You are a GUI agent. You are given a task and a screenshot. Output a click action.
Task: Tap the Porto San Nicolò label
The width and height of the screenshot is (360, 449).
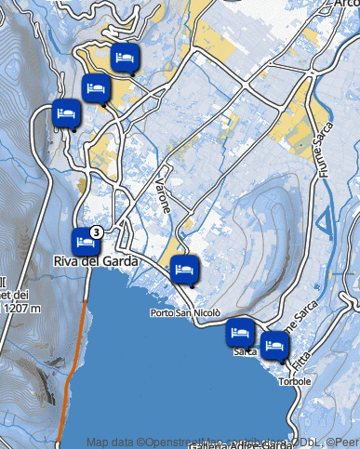tap(185, 313)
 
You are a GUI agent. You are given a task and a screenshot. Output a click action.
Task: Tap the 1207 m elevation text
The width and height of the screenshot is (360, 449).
tap(20, 308)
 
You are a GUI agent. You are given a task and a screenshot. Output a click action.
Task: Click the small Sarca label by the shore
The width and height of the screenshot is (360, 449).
tap(245, 352)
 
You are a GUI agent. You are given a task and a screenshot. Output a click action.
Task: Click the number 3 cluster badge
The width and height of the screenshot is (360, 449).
tap(96, 231)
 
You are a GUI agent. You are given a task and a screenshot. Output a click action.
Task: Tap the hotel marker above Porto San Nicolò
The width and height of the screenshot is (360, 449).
tap(184, 270)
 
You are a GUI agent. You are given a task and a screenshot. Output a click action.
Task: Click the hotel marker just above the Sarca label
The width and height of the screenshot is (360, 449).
tap(241, 331)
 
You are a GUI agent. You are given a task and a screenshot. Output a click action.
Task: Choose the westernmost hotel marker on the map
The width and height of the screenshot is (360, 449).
tap(65, 112)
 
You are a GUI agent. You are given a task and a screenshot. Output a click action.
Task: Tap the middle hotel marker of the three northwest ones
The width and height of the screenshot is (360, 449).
tap(96, 88)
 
